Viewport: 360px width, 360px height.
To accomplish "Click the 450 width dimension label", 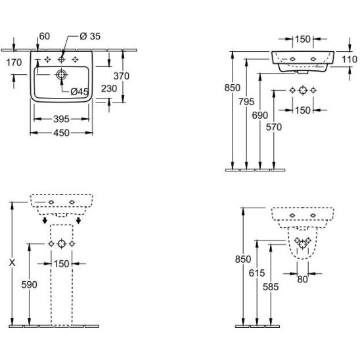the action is tap(61, 133).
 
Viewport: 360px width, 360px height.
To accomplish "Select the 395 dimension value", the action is tap(61, 119).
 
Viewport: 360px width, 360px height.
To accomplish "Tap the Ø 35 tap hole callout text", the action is tap(90, 36).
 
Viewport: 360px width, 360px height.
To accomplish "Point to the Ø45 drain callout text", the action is tap(79, 92).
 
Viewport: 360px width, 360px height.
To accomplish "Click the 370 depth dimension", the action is tap(122, 76).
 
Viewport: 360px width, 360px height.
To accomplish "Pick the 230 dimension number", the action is tap(109, 89).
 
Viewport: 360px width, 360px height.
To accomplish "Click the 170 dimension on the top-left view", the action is tap(14, 62).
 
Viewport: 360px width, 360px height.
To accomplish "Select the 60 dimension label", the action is tap(45, 36).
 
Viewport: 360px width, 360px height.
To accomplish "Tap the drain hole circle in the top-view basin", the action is tap(61, 74).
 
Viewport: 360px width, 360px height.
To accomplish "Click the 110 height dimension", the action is tap(349, 60).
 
